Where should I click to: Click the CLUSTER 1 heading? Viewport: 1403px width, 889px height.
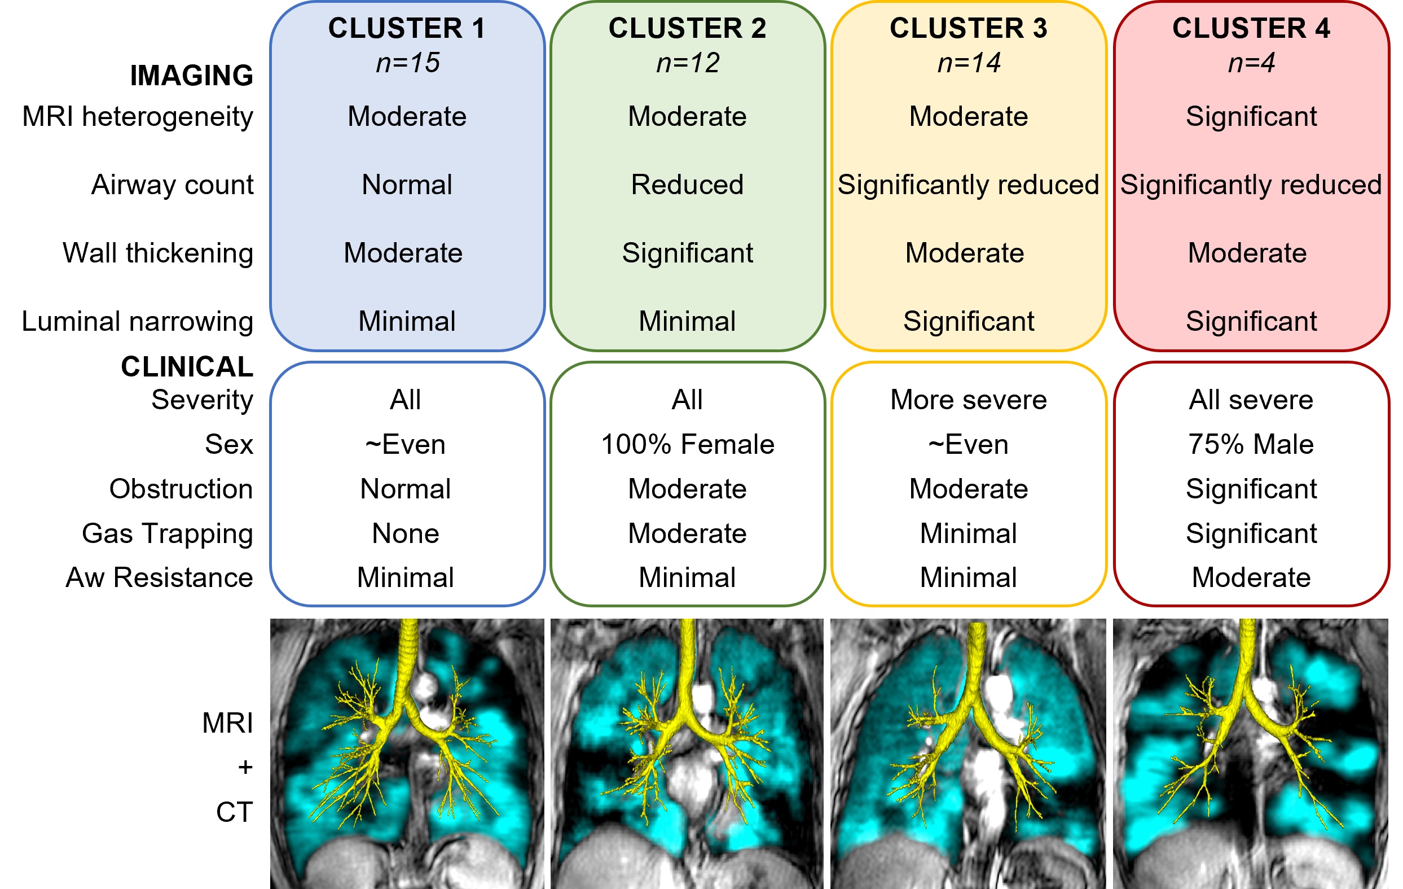click(407, 28)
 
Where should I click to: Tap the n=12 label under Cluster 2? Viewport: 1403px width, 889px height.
click(688, 63)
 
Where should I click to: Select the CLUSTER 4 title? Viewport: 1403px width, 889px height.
click(1251, 28)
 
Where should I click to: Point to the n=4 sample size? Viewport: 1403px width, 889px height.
click(1251, 63)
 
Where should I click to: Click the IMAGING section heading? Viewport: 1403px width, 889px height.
click(192, 76)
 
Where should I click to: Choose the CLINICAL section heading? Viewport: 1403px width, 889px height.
click(187, 367)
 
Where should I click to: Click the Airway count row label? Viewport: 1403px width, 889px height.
click(173, 185)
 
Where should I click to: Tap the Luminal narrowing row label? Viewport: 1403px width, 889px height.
click(138, 321)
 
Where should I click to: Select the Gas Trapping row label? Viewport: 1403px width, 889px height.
click(168, 533)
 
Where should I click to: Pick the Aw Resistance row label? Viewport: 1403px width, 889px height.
click(160, 577)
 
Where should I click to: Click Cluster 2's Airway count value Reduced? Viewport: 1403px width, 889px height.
click(688, 185)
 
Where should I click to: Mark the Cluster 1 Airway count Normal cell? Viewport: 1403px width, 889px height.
click(407, 185)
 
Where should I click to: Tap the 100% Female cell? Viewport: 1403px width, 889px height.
click(688, 444)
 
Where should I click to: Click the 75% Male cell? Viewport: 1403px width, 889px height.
click(1251, 444)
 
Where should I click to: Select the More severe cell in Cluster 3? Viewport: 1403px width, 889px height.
click(969, 400)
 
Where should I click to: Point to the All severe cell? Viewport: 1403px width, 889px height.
click(1251, 400)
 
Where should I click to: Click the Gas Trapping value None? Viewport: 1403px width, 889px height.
click(406, 533)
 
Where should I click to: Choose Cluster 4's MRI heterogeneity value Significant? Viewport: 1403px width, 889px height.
click(1251, 117)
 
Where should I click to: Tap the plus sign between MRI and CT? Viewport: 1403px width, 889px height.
click(245, 767)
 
